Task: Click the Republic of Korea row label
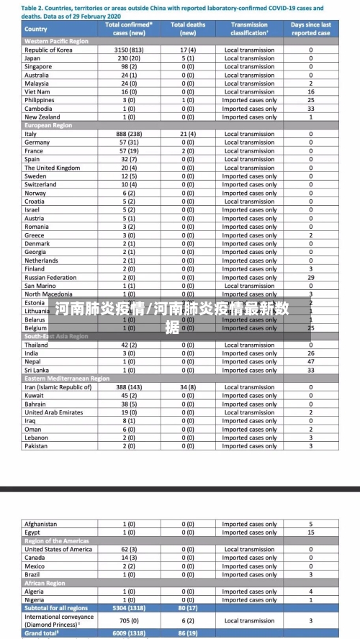(x=48, y=50)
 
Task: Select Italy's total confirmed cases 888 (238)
(x=130, y=134)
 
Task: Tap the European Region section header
(x=48, y=125)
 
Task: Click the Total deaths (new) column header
(x=188, y=29)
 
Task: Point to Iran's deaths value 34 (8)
(x=188, y=387)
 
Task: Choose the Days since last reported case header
(x=311, y=29)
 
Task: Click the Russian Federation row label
(x=50, y=277)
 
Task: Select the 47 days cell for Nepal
(x=311, y=361)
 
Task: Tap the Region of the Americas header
(x=57, y=540)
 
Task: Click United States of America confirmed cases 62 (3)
(x=130, y=549)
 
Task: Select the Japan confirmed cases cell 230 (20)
(x=130, y=58)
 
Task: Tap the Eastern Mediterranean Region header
(x=67, y=379)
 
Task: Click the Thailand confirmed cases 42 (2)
(x=130, y=345)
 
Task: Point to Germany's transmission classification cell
(x=249, y=142)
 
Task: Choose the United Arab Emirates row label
(x=53, y=412)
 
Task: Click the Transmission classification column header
(x=249, y=29)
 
